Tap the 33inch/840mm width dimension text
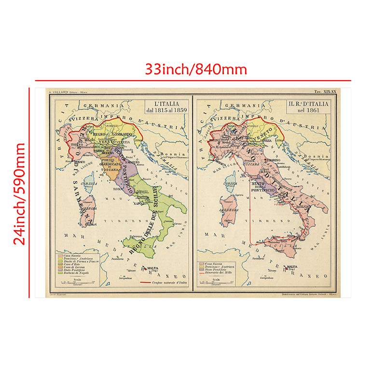(196, 69)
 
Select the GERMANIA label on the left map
(101, 105)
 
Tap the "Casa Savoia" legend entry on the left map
(71, 255)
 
